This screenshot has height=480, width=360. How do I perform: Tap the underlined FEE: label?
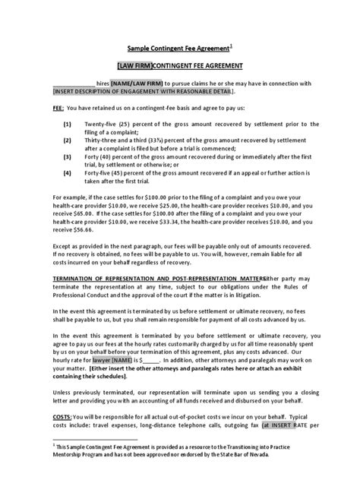click(x=61, y=107)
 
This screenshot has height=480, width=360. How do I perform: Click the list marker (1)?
click(x=67, y=123)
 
